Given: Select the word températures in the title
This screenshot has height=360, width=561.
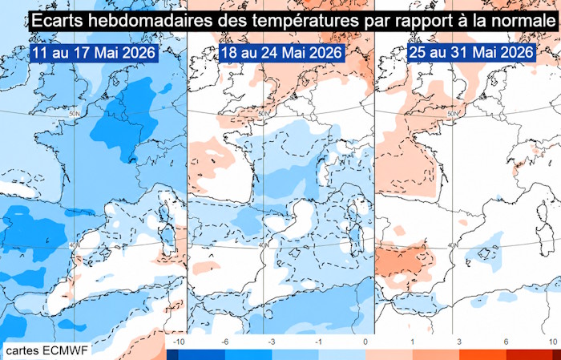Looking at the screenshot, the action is pyautogui.click(x=304, y=22).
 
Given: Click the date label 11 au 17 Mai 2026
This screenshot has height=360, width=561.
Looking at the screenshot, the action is pyautogui.click(x=94, y=53).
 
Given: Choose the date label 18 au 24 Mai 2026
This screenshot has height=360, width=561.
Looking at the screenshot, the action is pyautogui.click(x=281, y=53).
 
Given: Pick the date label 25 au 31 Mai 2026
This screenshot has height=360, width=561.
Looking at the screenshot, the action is pyautogui.click(x=471, y=53).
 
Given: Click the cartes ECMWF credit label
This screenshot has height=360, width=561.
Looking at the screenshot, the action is pyautogui.click(x=46, y=350).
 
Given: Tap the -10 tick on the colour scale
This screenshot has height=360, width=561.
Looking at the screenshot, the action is pyautogui.click(x=179, y=342).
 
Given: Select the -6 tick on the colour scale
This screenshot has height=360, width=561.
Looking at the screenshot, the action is pyautogui.click(x=224, y=342).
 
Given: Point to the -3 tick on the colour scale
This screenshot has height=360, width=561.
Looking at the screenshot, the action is pyautogui.click(x=272, y=342).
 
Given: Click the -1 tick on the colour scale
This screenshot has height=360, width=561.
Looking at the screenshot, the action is pyautogui.click(x=318, y=342).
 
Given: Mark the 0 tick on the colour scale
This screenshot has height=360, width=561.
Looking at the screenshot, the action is pyautogui.click(x=365, y=342).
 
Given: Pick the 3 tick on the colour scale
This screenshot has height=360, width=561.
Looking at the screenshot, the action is pyautogui.click(x=459, y=342).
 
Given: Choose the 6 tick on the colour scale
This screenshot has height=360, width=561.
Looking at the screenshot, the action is pyautogui.click(x=506, y=342).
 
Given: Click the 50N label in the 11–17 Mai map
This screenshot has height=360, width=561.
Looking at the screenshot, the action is pyautogui.click(x=74, y=113).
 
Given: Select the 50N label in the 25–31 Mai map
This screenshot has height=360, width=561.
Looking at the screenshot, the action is pyautogui.click(x=453, y=114).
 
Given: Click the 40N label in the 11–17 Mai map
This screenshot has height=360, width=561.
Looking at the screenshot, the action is pyautogui.click(x=74, y=245).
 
